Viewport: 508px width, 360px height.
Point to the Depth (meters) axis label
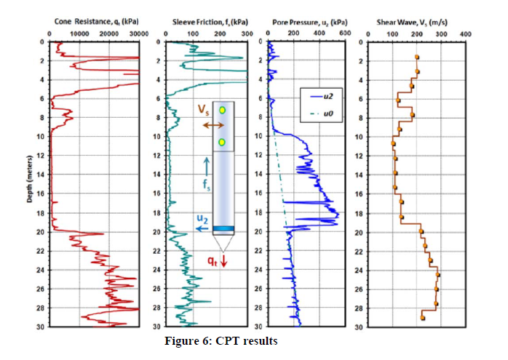(x=29, y=183)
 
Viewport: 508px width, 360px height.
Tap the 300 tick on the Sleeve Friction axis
(x=246, y=33)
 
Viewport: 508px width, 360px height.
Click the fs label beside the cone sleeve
(x=207, y=185)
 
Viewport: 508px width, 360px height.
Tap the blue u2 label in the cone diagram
(x=201, y=217)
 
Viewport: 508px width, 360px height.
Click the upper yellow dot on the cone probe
(x=223, y=110)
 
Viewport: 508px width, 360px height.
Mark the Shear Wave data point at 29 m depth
(x=423, y=318)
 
